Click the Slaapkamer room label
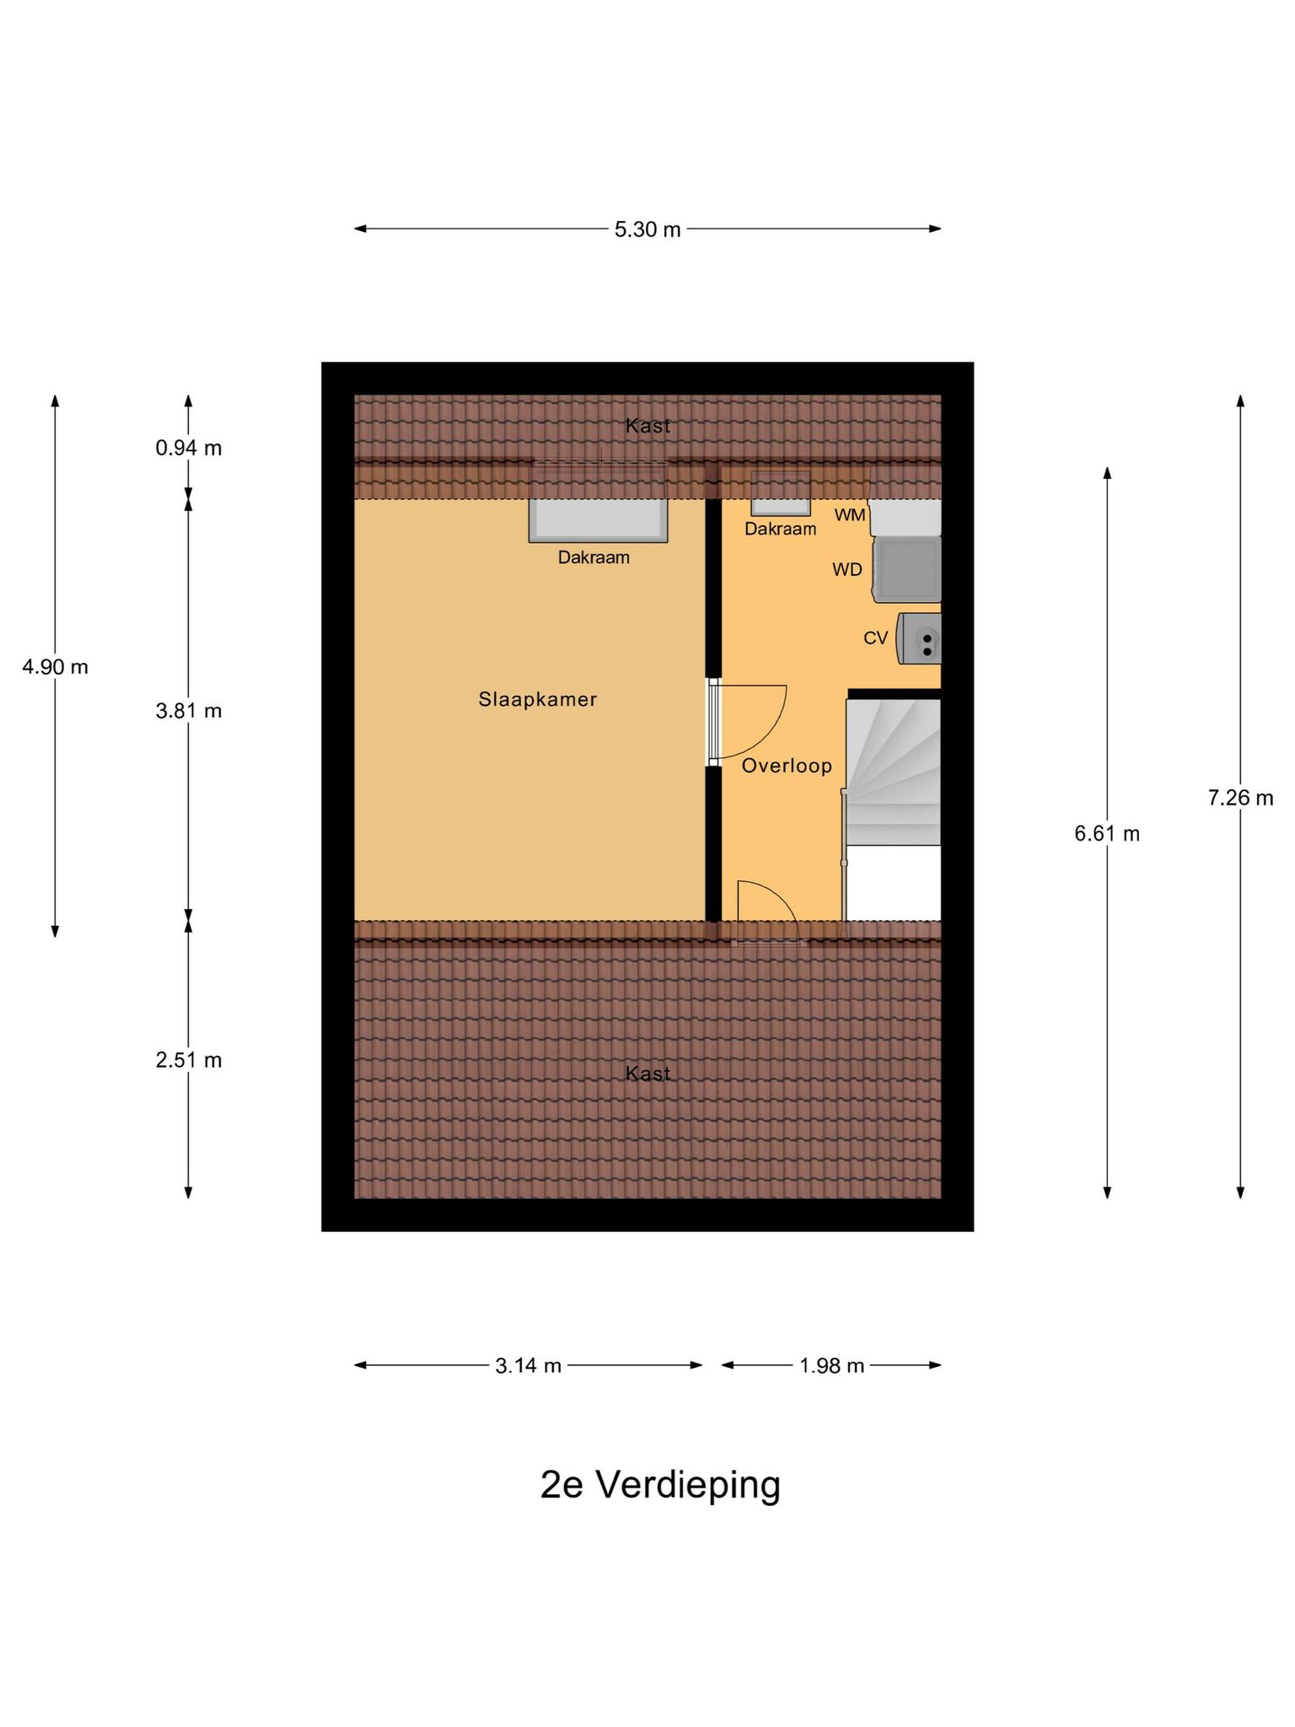(538, 699)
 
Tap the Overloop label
(787, 766)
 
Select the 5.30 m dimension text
(647, 229)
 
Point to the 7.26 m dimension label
(1240, 798)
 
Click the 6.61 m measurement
(1107, 834)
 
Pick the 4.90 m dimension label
(55, 667)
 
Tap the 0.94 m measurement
(188, 449)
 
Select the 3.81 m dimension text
(188, 711)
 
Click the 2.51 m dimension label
(188, 1060)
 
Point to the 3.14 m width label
(529, 1365)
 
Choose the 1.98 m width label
(832, 1365)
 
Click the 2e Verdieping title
(660, 1485)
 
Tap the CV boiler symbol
(919, 638)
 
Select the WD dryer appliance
(907, 569)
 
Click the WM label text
(850, 514)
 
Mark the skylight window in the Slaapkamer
(598, 519)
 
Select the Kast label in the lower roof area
(648, 1073)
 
